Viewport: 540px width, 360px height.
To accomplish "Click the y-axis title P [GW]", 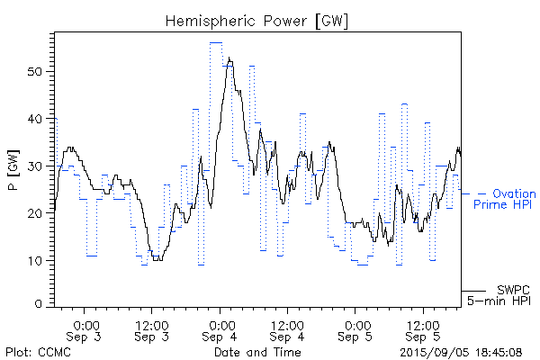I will click(13, 168).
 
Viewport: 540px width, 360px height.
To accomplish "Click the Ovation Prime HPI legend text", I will click(505, 199).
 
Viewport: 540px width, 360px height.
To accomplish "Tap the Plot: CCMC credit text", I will click(31, 351).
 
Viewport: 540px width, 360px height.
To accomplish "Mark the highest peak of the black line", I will click(229, 58).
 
